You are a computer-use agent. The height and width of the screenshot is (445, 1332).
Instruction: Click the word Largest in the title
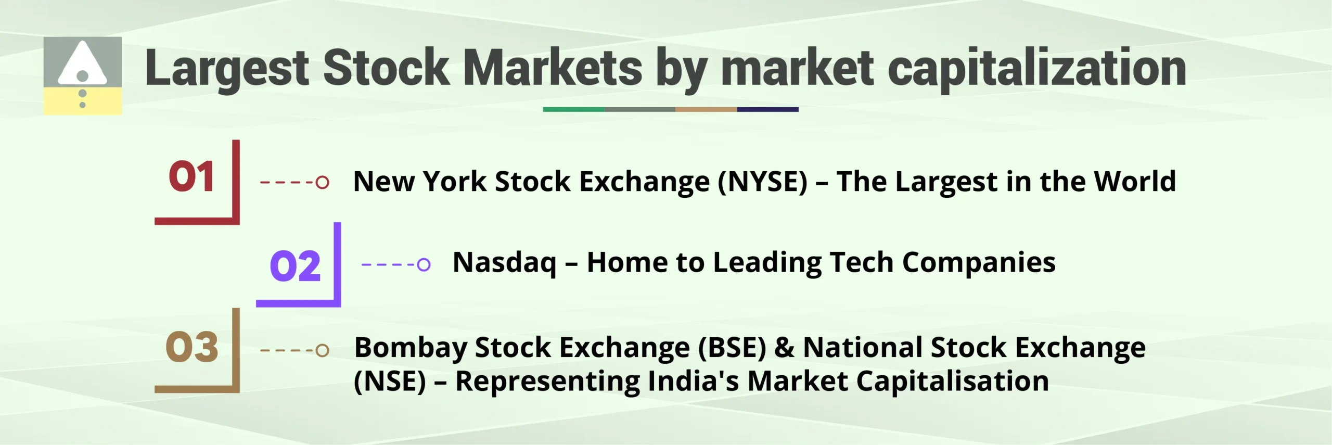[227, 68]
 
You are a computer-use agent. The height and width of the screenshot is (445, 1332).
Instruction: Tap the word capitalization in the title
[1036, 68]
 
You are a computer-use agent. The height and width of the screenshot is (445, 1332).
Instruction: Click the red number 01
[191, 177]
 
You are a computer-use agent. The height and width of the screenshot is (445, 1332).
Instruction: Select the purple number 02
[295, 266]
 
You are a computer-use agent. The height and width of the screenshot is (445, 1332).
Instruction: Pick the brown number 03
[191, 347]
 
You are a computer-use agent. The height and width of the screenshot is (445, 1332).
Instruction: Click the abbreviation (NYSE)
[763, 182]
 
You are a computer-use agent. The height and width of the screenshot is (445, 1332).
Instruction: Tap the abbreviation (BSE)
[732, 347]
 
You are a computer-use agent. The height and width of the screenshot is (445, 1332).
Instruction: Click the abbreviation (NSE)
[390, 382]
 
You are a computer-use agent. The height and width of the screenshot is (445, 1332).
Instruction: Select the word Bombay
[411, 347]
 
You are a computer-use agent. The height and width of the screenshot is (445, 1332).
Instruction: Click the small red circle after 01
[323, 182]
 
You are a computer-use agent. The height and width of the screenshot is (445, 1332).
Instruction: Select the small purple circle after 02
[424, 264]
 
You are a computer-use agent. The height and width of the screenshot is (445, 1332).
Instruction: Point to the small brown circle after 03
[323, 350]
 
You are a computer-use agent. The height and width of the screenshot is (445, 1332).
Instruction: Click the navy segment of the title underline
[767, 109]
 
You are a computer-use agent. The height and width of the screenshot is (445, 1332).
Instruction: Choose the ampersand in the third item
[785, 347]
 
